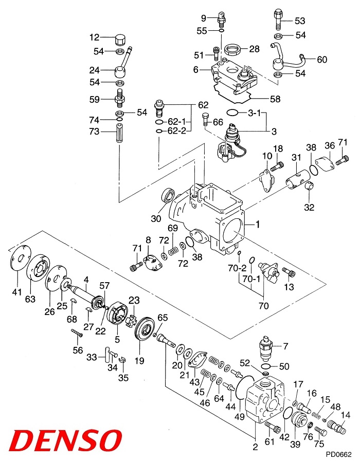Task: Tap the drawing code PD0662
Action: pos(338,454)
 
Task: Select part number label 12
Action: pos(94,37)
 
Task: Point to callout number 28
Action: pos(255,49)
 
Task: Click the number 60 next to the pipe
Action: pos(322,60)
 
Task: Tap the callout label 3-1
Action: pos(255,113)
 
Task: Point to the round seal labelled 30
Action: pos(168,195)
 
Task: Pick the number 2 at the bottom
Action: pos(255,446)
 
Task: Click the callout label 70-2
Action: pos(238,268)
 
